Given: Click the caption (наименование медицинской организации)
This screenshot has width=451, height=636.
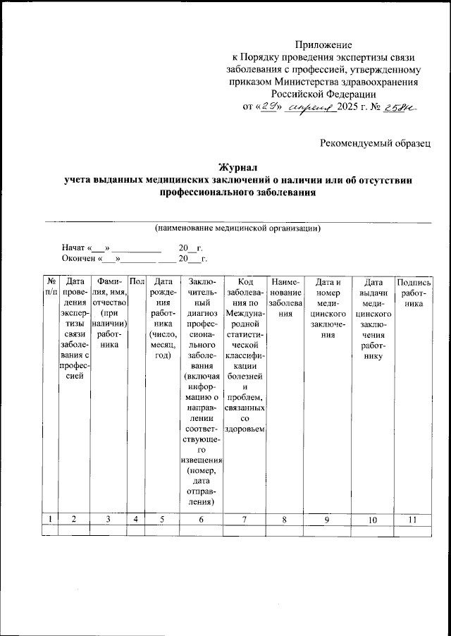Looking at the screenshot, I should pyautogui.click(x=238, y=228).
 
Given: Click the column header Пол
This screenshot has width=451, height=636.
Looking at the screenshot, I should pyautogui.click(x=137, y=281).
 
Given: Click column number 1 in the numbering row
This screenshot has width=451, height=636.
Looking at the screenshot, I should pyautogui.click(x=51, y=520).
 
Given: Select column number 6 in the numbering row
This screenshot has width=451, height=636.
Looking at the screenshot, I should pyautogui.click(x=202, y=520).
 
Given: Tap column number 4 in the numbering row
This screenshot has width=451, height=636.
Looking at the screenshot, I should pyautogui.click(x=137, y=520).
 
